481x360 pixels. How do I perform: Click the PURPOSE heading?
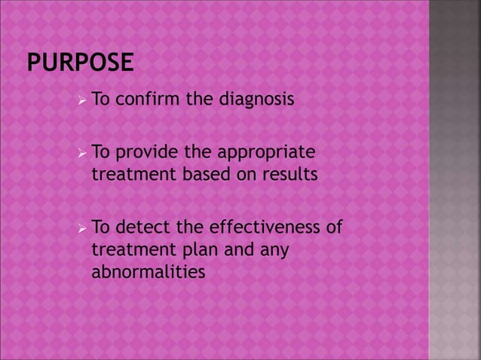[x=80, y=62]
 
